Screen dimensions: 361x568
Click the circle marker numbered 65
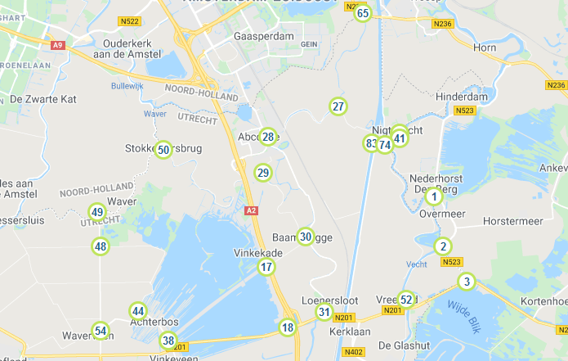363,13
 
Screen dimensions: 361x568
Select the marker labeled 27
338,106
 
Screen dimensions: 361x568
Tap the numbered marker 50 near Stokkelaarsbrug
163,150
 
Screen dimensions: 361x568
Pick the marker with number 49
97,212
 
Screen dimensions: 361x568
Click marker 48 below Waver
101,246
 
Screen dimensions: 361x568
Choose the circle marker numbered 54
101,331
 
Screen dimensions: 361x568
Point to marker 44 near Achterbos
138,311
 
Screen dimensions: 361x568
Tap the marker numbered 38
168,341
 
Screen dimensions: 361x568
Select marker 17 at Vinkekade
266,267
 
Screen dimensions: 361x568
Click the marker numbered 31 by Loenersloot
324,312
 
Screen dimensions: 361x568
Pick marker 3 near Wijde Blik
467,282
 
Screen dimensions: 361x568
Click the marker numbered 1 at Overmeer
434,196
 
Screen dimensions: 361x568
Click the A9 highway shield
57,45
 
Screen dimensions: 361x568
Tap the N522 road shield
127,20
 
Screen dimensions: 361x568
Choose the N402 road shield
353,352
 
